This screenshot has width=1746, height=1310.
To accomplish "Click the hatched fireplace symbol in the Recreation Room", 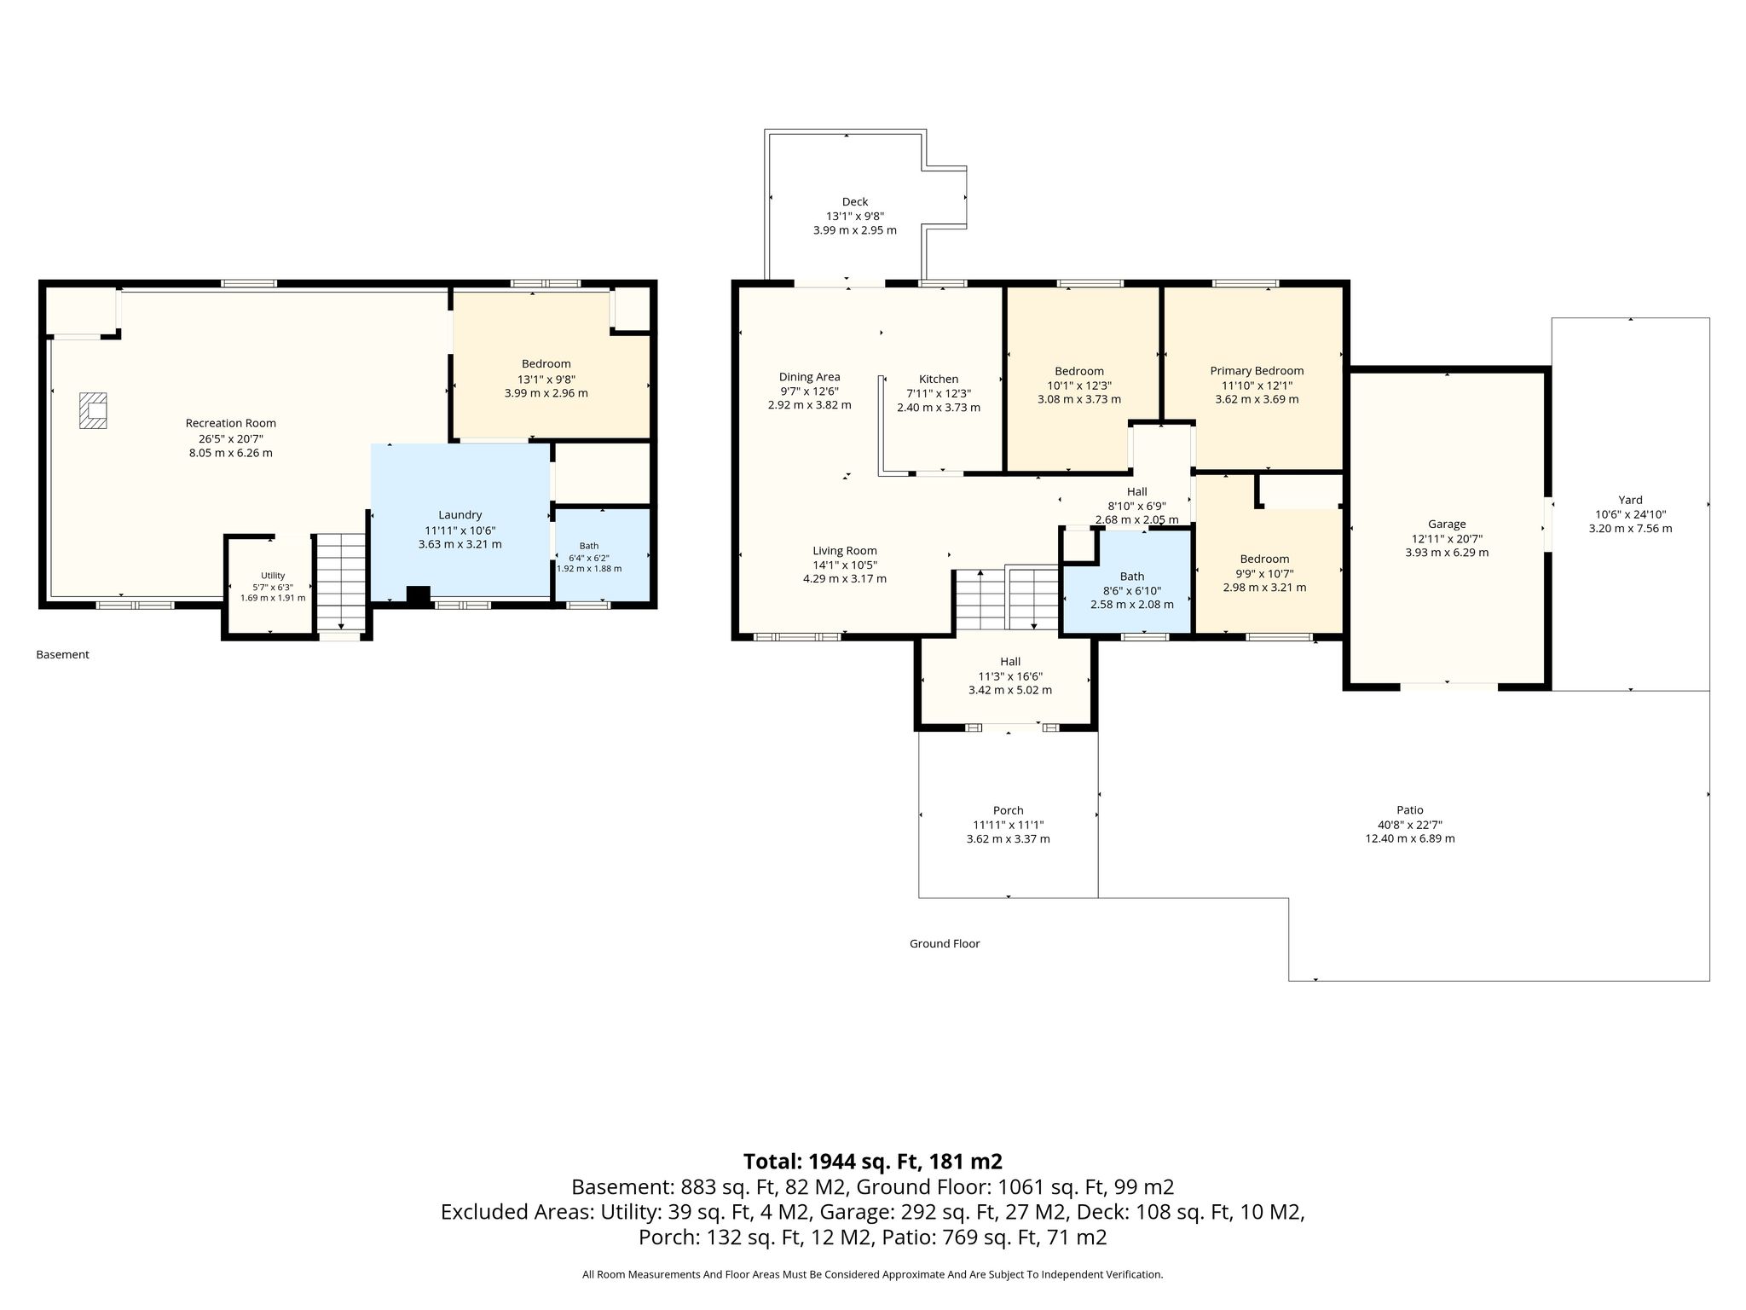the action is tap(94, 409).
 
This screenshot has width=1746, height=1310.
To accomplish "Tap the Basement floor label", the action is tap(62, 655).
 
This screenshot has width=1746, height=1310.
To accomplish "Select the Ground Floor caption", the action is tap(945, 943).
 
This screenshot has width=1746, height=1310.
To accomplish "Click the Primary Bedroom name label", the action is tap(1257, 370).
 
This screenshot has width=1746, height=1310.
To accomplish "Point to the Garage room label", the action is tap(1447, 524).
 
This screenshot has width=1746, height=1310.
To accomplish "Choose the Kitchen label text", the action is tap(939, 379).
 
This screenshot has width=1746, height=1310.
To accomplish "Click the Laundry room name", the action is tap(460, 514).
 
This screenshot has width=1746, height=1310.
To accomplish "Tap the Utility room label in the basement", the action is tap(273, 576).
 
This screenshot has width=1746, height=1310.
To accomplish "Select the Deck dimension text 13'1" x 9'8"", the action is tap(855, 216).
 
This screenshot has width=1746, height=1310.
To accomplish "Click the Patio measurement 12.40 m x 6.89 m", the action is tap(1410, 838).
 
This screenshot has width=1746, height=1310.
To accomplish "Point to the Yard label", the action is tap(1630, 500).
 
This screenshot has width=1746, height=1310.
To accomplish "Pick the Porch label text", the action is tap(1009, 810).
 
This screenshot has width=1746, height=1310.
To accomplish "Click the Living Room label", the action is tap(845, 550).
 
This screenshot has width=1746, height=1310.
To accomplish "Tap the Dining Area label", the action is tap(809, 376).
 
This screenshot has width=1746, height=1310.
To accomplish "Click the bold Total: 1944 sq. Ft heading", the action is tap(873, 1162).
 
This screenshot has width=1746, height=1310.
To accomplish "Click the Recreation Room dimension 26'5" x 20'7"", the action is tap(231, 438).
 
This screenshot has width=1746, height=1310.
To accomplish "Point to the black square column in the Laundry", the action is tap(418, 596).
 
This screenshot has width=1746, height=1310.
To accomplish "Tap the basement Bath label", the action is tap(589, 546).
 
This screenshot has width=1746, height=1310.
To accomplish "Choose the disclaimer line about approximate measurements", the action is tap(873, 1274).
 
